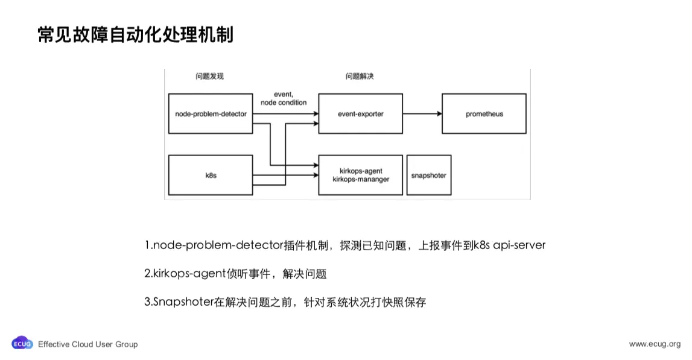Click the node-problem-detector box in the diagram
(211, 113)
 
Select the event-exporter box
(360, 113)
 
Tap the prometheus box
(484, 113)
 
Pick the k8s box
(211, 175)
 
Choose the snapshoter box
(428, 175)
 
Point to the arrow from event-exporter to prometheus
(422, 113)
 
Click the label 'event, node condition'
(284, 98)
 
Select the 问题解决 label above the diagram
(360, 77)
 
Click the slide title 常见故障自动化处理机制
(135, 35)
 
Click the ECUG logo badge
(22, 344)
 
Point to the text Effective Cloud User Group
(88, 344)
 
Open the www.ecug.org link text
(655, 344)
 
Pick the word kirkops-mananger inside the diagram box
(360, 179)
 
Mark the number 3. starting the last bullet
(148, 302)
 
